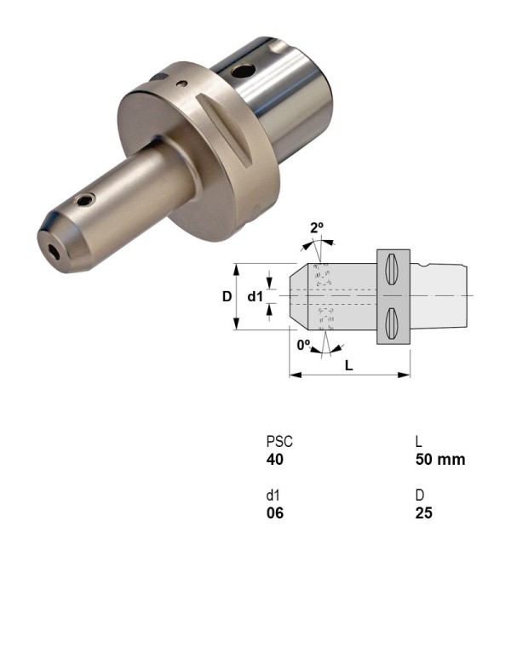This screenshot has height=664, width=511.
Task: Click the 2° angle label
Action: click(317, 227)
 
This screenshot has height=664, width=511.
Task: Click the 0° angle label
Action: click(304, 345)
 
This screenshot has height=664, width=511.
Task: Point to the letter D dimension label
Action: click(227, 296)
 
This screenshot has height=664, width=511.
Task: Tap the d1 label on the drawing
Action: click(255, 296)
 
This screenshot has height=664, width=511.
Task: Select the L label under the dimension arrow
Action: click(349, 364)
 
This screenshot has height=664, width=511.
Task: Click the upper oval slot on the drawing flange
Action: click(392, 270)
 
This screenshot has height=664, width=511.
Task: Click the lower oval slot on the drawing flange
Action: click(392, 323)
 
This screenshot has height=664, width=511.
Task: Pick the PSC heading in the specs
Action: click(278, 443)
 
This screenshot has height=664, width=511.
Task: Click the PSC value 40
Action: click(274, 460)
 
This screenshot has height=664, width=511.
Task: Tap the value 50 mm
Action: click(439, 460)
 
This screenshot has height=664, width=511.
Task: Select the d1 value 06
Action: click(274, 513)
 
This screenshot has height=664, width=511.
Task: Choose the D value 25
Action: click(423, 513)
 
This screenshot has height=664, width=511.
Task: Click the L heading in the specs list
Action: click(418, 443)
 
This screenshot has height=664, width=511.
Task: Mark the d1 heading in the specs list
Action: click(273, 496)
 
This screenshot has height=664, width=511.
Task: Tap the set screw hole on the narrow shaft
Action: click(83, 201)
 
